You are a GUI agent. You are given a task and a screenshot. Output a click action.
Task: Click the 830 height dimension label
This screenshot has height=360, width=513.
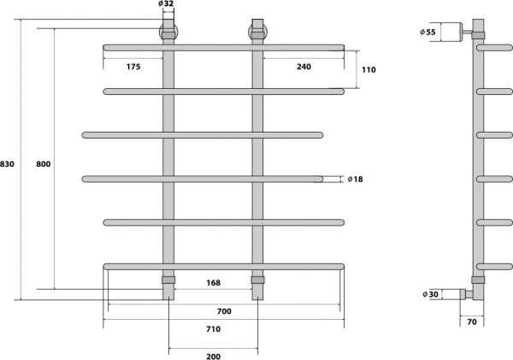(7, 163)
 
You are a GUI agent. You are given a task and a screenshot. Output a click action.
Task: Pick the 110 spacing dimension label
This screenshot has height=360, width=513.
(370, 70)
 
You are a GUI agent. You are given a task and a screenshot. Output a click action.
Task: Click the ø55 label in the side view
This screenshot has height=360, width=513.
(428, 32)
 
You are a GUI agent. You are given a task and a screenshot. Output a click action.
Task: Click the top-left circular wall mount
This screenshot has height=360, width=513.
(168, 33)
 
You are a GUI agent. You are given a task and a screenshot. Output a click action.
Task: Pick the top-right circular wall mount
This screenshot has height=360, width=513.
(256, 33)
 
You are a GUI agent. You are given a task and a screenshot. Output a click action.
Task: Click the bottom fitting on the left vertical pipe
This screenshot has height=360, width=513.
(168, 280)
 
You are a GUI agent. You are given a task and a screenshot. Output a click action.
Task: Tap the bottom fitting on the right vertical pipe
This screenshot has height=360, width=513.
(256, 280)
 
